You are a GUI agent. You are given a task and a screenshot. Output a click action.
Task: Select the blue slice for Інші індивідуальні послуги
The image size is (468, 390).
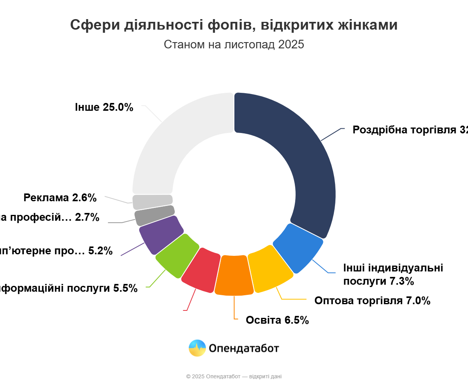point(298,248)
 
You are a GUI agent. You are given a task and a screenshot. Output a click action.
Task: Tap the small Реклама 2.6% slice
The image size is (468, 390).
point(152,202)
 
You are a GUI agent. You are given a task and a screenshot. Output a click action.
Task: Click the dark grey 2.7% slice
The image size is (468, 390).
point(154,215)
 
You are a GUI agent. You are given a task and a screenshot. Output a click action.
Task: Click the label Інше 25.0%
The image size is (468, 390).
point(104,107)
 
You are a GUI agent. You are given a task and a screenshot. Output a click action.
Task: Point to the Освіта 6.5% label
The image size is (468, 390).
point(277,320)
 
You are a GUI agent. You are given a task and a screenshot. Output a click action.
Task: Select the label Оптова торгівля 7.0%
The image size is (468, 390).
point(372,301)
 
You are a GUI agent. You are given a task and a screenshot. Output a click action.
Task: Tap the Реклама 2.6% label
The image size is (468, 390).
point(60,198)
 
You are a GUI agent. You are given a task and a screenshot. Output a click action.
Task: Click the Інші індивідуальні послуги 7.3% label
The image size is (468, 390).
point(393,275)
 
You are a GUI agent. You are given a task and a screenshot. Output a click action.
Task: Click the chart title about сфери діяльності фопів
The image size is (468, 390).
point(234,25)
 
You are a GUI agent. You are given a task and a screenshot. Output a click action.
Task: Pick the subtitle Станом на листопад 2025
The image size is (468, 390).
point(234,44)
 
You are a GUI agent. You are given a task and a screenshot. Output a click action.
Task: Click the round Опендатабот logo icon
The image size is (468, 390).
point(197,348)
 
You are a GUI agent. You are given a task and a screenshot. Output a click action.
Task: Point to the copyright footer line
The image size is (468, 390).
point(234,376)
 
